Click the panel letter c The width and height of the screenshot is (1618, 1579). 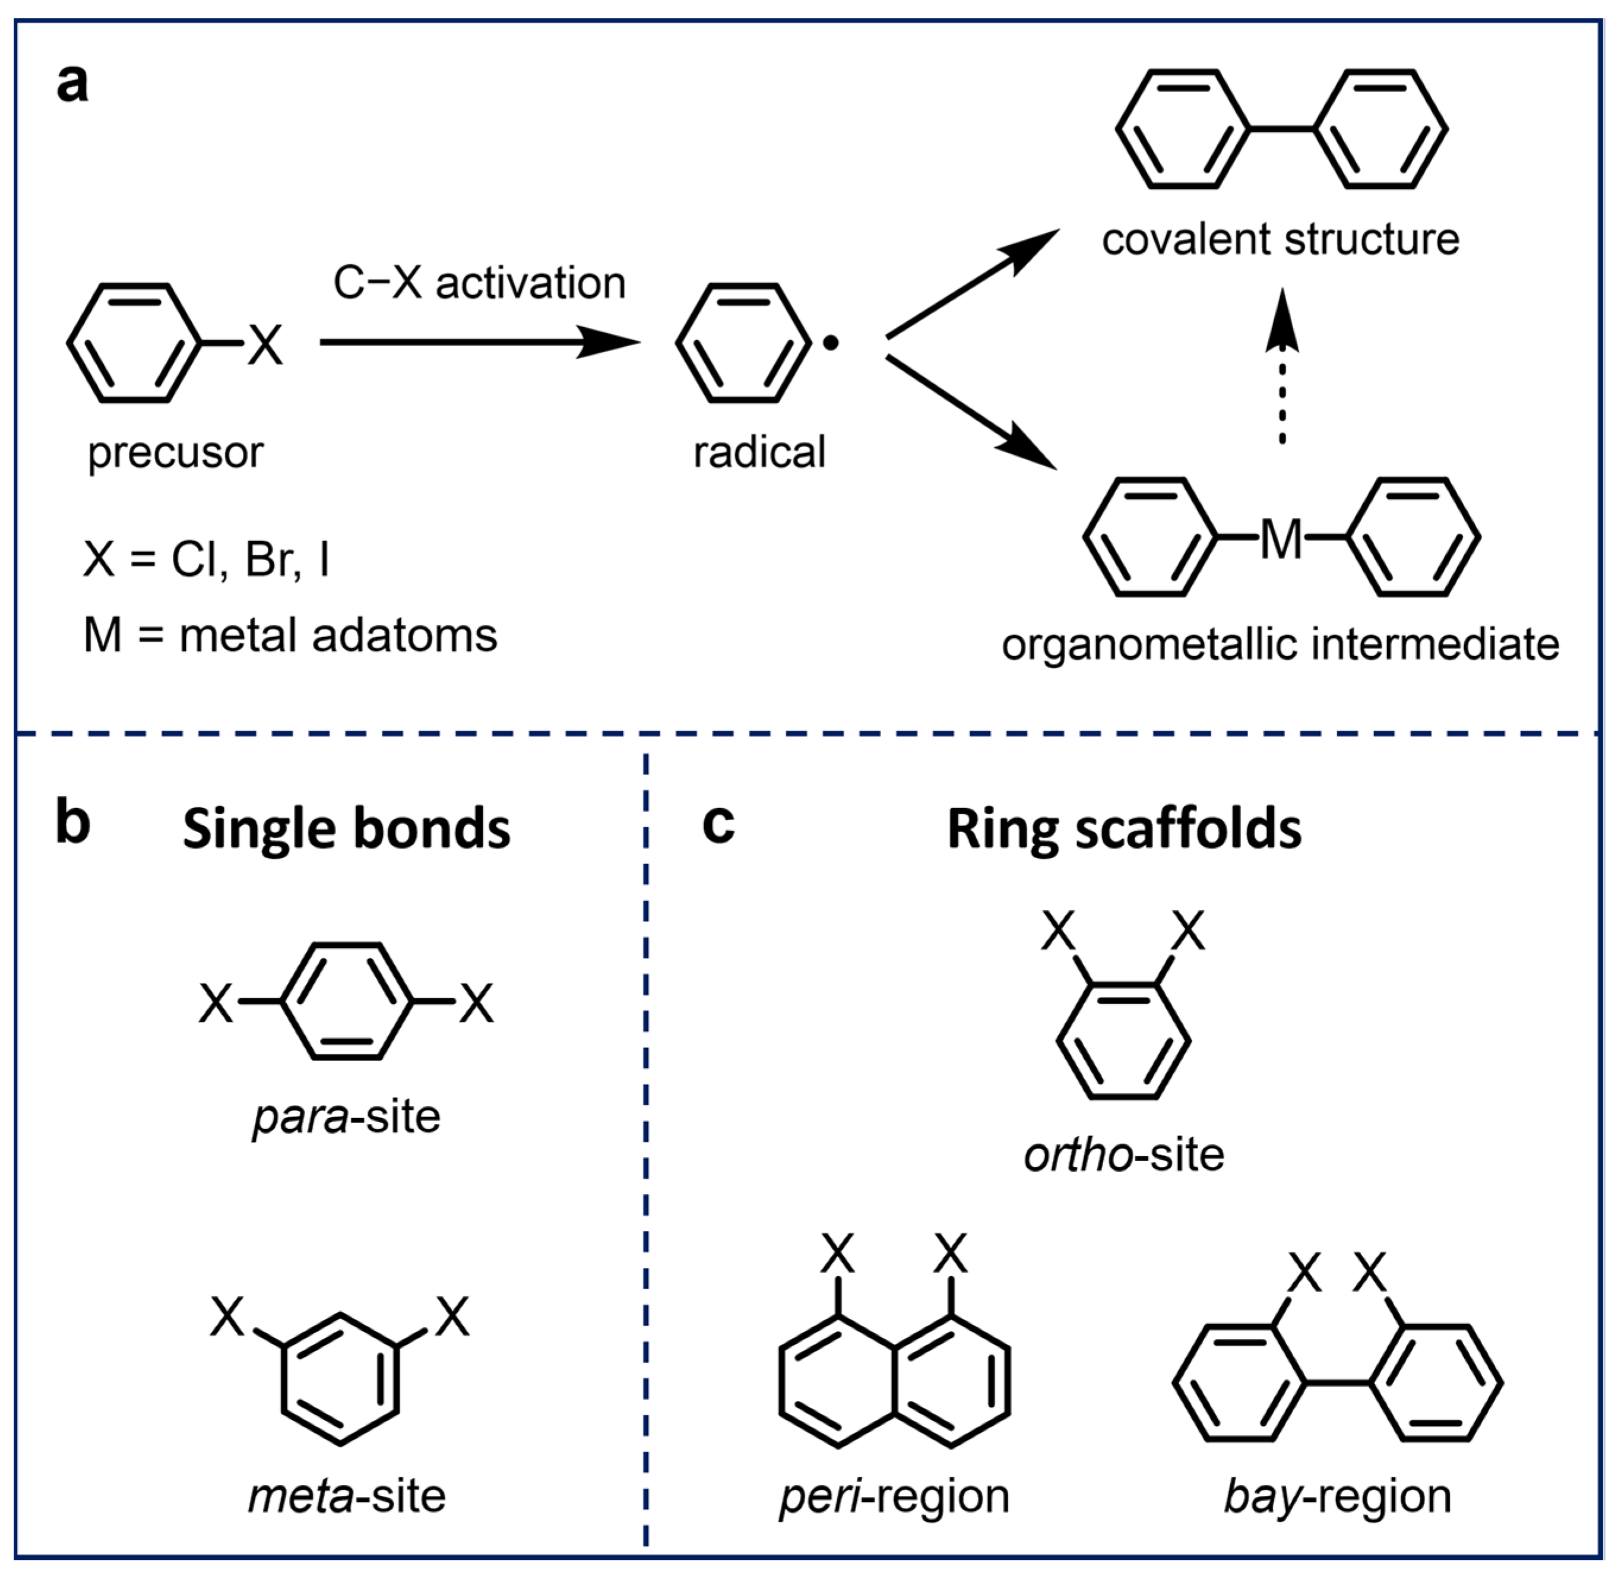tap(718, 824)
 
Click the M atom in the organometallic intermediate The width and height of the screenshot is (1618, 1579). tap(1281, 539)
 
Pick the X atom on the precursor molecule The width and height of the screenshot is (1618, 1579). tap(265, 344)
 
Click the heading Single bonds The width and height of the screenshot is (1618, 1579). tap(347, 830)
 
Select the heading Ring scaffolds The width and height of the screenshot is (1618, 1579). tap(1124, 830)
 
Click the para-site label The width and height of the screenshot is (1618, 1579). tap(347, 1117)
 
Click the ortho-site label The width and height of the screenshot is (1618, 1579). tap(1124, 1155)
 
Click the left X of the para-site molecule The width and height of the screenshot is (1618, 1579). tap(217, 1004)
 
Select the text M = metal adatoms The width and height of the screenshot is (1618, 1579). tap(290, 636)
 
